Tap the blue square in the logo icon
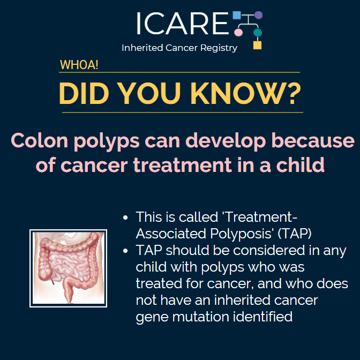click(x=236, y=16)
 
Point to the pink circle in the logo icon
click(x=239, y=33)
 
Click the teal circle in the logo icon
click(x=258, y=33)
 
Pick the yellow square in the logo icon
click(x=257, y=45)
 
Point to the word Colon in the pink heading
click(x=36, y=141)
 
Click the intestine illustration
click(x=68, y=268)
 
